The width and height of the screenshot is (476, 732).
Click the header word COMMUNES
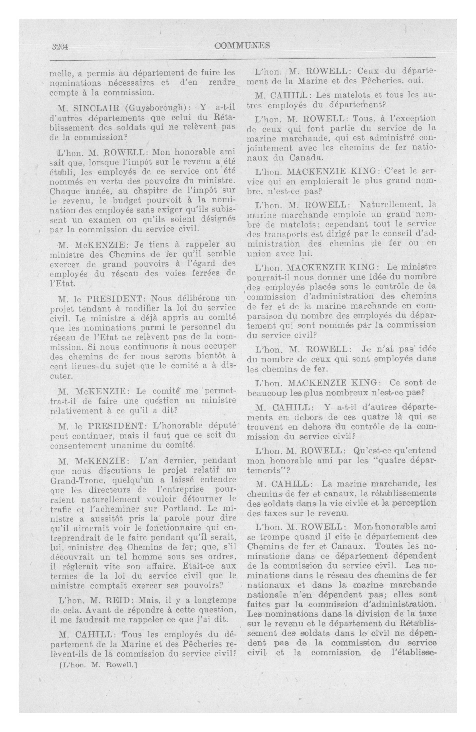(x=243, y=46)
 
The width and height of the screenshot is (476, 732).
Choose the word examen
(x=102, y=219)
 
